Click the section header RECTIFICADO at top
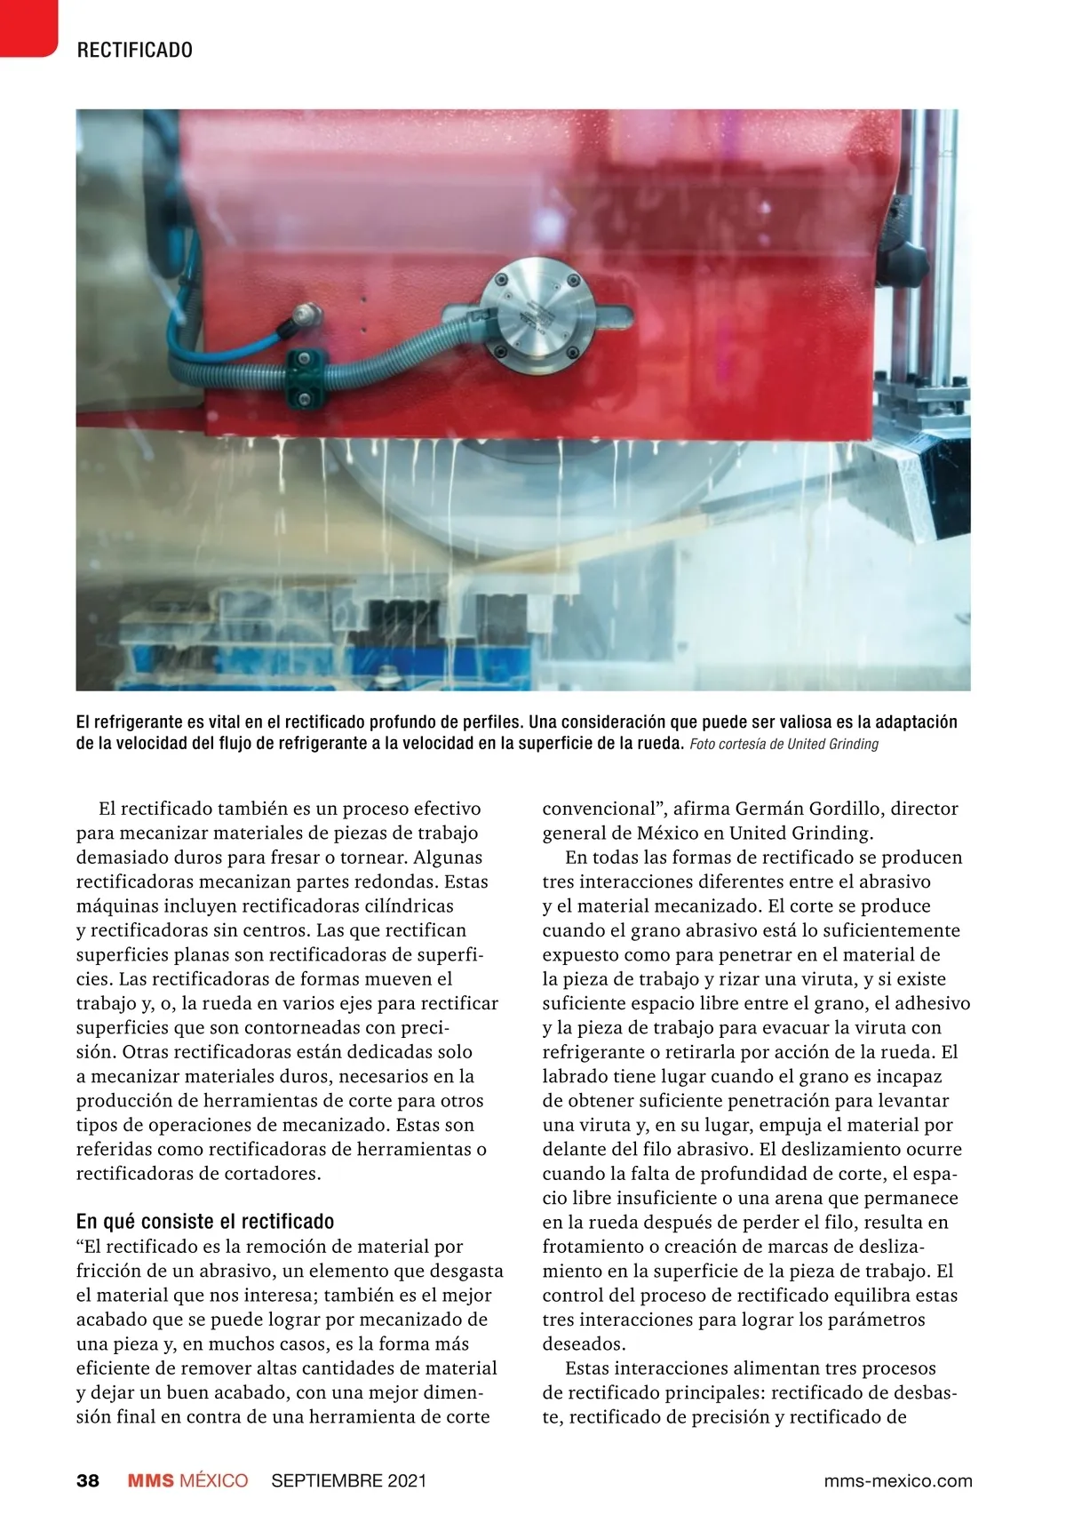pos(135,50)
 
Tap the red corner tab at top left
pos(27,27)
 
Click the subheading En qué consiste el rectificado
pos(205,1221)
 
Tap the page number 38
pos(88,1480)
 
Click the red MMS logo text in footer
pos(151,1480)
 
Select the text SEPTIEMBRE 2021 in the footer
pos(349,1480)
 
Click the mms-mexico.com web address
pos(898,1480)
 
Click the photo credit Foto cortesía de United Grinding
pos(784,744)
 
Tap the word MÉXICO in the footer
pos(214,1480)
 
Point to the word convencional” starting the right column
pos(604,809)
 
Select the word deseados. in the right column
pos(584,1344)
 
